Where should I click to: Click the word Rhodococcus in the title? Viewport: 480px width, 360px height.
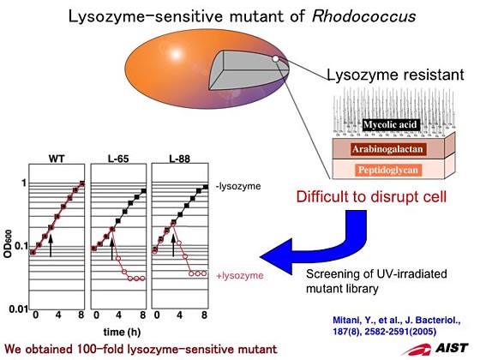coord(363,16)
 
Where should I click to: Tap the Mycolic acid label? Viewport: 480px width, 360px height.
coord(390,124)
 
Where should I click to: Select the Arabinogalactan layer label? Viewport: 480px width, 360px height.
coord(387,149)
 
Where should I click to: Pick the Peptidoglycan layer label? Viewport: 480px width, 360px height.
coord(388,170)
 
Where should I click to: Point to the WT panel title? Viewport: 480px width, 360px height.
coord(57,159)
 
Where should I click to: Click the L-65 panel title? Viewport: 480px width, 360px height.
coord(118,159)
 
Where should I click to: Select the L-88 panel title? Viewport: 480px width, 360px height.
coord(180,159)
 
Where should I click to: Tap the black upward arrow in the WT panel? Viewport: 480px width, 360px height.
coord(51,245)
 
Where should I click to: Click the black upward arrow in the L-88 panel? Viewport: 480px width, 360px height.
coord(173,245)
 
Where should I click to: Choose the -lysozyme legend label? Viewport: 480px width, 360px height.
coord(238,186)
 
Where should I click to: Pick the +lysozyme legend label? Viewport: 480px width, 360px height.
coord(240,275)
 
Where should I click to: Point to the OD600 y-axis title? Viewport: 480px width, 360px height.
coord(8,243)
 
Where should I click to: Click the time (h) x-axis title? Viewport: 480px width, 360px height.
coord(122,332)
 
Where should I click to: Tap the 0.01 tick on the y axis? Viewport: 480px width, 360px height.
coord(18,309)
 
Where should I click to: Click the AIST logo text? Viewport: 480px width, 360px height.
coord(452,348)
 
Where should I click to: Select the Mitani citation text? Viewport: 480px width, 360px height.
coord(397,326)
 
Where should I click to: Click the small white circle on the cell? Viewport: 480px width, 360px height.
coord(275,58)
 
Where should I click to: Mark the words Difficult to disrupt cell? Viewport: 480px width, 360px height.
coord(371,196)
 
